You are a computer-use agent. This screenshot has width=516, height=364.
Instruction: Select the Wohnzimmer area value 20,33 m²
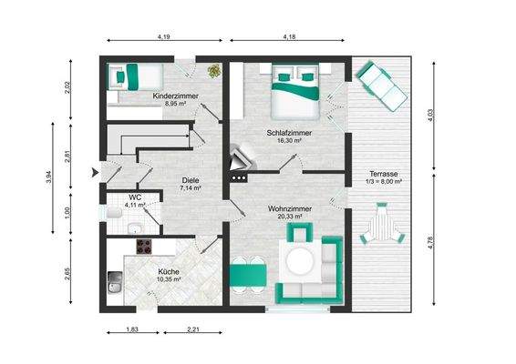[x=290, y=217]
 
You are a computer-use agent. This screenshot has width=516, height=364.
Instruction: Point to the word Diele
[x=190, y=179]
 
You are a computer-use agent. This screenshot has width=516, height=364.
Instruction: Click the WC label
[x=133, y=197]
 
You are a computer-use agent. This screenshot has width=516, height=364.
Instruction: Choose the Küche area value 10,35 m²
[x=168, y=280]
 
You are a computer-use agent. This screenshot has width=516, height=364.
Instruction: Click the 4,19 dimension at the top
[x=163, y=36]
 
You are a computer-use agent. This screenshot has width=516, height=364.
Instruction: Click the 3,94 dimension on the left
[x=48, y=177]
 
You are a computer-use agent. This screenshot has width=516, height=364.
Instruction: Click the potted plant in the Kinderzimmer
[x=214, y=70]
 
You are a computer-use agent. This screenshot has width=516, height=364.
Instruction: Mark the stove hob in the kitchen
[x=145, y=246]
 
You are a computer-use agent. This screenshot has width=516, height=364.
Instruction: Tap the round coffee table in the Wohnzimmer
[x=299, y=264]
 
